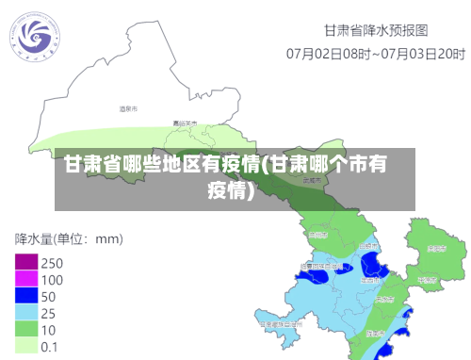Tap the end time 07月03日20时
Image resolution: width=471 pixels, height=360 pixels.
(420, 53)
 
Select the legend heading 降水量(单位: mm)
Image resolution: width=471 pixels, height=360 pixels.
(68, 238)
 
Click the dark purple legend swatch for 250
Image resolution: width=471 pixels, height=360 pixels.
(25, 262)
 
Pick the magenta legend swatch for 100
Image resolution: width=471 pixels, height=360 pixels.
(25, 279)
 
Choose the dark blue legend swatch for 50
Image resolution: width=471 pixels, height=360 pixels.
(25, 296)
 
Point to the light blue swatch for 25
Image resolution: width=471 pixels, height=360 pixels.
(25, 313)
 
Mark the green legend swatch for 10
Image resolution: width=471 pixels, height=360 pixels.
(25, 330)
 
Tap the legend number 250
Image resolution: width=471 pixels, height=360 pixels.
(52, 263)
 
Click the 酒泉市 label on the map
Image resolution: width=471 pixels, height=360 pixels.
(129, 109)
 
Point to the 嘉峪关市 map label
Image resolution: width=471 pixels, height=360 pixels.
(185, 123)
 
